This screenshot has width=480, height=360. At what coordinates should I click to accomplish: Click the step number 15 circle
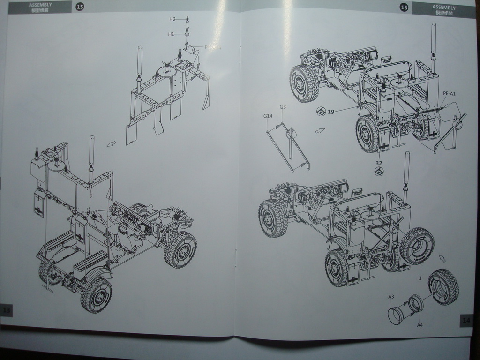80,7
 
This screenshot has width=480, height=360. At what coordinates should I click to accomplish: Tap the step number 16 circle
404,7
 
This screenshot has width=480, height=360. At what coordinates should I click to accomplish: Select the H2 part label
172,19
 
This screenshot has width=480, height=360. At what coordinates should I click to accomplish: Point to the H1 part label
171,34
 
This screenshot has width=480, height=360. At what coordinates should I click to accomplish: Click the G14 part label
268,116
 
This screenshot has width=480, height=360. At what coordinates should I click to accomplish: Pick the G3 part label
283,107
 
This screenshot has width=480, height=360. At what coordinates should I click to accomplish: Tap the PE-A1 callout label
449,93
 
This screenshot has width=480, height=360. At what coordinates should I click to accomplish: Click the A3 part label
391,296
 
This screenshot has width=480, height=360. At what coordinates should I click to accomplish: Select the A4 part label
420,325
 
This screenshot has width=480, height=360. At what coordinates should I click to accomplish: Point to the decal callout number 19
331,112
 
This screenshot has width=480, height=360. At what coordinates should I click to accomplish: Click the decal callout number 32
379,163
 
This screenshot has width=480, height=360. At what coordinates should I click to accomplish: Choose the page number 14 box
466,320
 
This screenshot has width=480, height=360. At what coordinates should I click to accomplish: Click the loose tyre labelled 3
443,287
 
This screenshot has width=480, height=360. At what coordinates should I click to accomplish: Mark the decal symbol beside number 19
321,112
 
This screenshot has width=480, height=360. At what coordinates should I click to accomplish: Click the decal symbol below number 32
379,171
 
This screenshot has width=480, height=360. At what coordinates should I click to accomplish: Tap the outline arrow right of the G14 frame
320,130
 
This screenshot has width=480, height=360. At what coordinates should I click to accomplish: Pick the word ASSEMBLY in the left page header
40,5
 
